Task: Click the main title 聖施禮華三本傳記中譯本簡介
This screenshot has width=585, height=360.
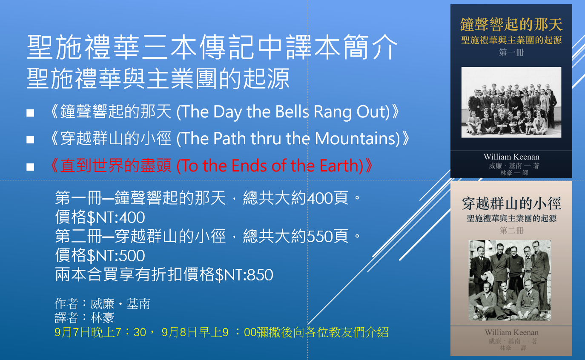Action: (212, 47)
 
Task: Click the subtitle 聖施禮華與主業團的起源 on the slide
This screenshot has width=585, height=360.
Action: (158, 79)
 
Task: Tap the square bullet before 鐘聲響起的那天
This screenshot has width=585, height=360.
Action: (30, 113)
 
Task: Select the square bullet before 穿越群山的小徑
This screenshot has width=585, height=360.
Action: (30, 140)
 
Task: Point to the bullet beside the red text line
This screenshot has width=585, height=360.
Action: (30, 167)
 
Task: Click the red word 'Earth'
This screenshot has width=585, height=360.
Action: (339, 166)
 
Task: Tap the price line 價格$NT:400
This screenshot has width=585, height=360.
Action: (100, 217)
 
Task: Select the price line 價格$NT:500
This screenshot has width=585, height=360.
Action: (100, 255)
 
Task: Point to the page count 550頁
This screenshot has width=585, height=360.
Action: (327, 236)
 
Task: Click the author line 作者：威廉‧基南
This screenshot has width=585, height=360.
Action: (102, 304)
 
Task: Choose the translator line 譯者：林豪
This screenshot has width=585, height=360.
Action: (84, 318)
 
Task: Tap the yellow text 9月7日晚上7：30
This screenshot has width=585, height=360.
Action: (100, 332)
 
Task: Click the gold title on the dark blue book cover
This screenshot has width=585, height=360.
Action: (511, 24)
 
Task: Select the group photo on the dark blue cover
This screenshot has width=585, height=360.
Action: (511, 102)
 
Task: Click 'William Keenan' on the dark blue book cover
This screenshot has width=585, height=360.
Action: (511, 157)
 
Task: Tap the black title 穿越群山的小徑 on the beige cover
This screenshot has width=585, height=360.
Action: (511, 204)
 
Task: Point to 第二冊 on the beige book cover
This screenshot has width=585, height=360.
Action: (511, 231)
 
